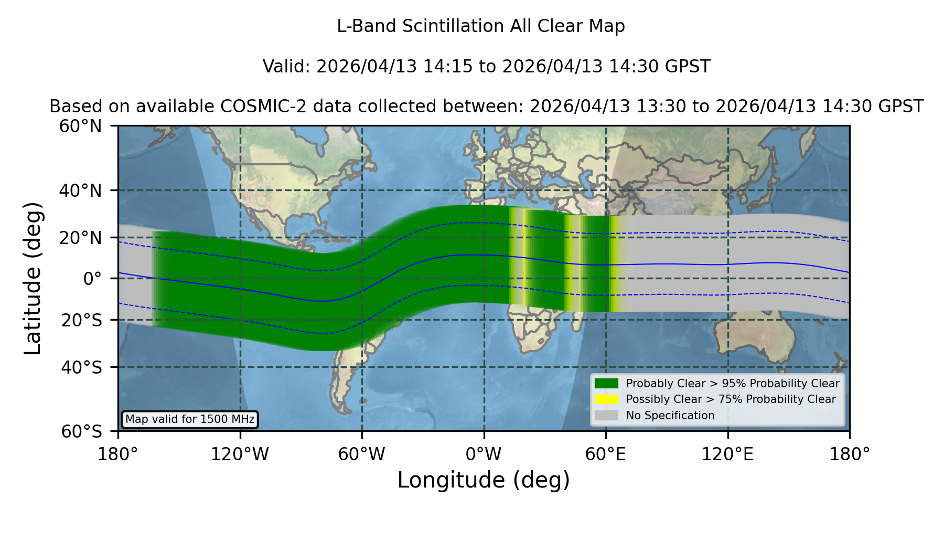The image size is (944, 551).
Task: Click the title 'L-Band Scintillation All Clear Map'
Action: pyautogui.click(x=480, y=26)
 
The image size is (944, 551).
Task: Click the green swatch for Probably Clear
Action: pyautogui.click(x=606, y=384)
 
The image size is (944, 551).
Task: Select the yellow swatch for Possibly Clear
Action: pyautogui.click(x=606, y=399)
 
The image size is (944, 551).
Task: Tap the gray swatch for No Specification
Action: pyautogui.click(x=606, y=416)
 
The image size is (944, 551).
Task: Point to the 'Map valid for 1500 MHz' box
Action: pyautogui.click(x=190, y=419)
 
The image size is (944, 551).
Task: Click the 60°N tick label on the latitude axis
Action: pyautogui.click(x=81, y=126)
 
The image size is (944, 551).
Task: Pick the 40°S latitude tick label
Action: pyautogui.click(x=81, y=367)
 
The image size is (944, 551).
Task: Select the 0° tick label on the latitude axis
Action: pyautogui.click(x=92, y=279)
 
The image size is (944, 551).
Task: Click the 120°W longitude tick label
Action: pyautogui.click(x=240, y=454)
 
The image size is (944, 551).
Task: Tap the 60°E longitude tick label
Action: pyautogui.click(x=606, y=454)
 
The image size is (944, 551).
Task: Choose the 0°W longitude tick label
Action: pyautogui.click(x=484, y=454)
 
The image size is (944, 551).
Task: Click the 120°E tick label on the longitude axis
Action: pyautogui.click(x=727, y=454)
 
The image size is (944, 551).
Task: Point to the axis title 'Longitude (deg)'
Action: pyautogui.click(x=484, y=480)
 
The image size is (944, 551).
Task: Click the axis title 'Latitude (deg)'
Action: pyautogui.click(x=33, y=278)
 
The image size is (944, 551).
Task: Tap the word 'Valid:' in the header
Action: pyautogui.click(x=287, y=67)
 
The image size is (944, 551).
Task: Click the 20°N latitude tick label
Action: pyautogui.click(x=81, y=238)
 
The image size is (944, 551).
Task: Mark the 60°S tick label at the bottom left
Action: pyautogui.click(x=81, y=431)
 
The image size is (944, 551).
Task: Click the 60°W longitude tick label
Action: pyautogui.click(x=361, y=454)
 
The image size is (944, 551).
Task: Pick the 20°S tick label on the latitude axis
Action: pyautogui.click(x=81, y=320)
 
